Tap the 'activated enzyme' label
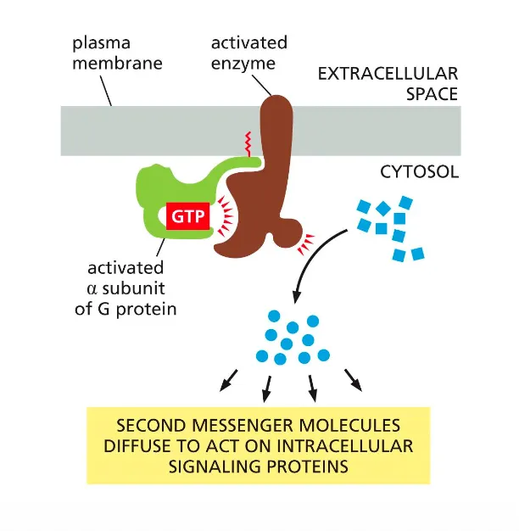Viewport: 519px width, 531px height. [x=249, y=53]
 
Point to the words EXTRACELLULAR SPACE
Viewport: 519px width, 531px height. [x=388, y=83]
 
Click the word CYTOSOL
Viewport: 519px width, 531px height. [x=418, y=172]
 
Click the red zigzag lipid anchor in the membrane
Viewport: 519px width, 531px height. [x=248, y=141]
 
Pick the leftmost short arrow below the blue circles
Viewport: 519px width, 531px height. [x=226, y=382]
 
